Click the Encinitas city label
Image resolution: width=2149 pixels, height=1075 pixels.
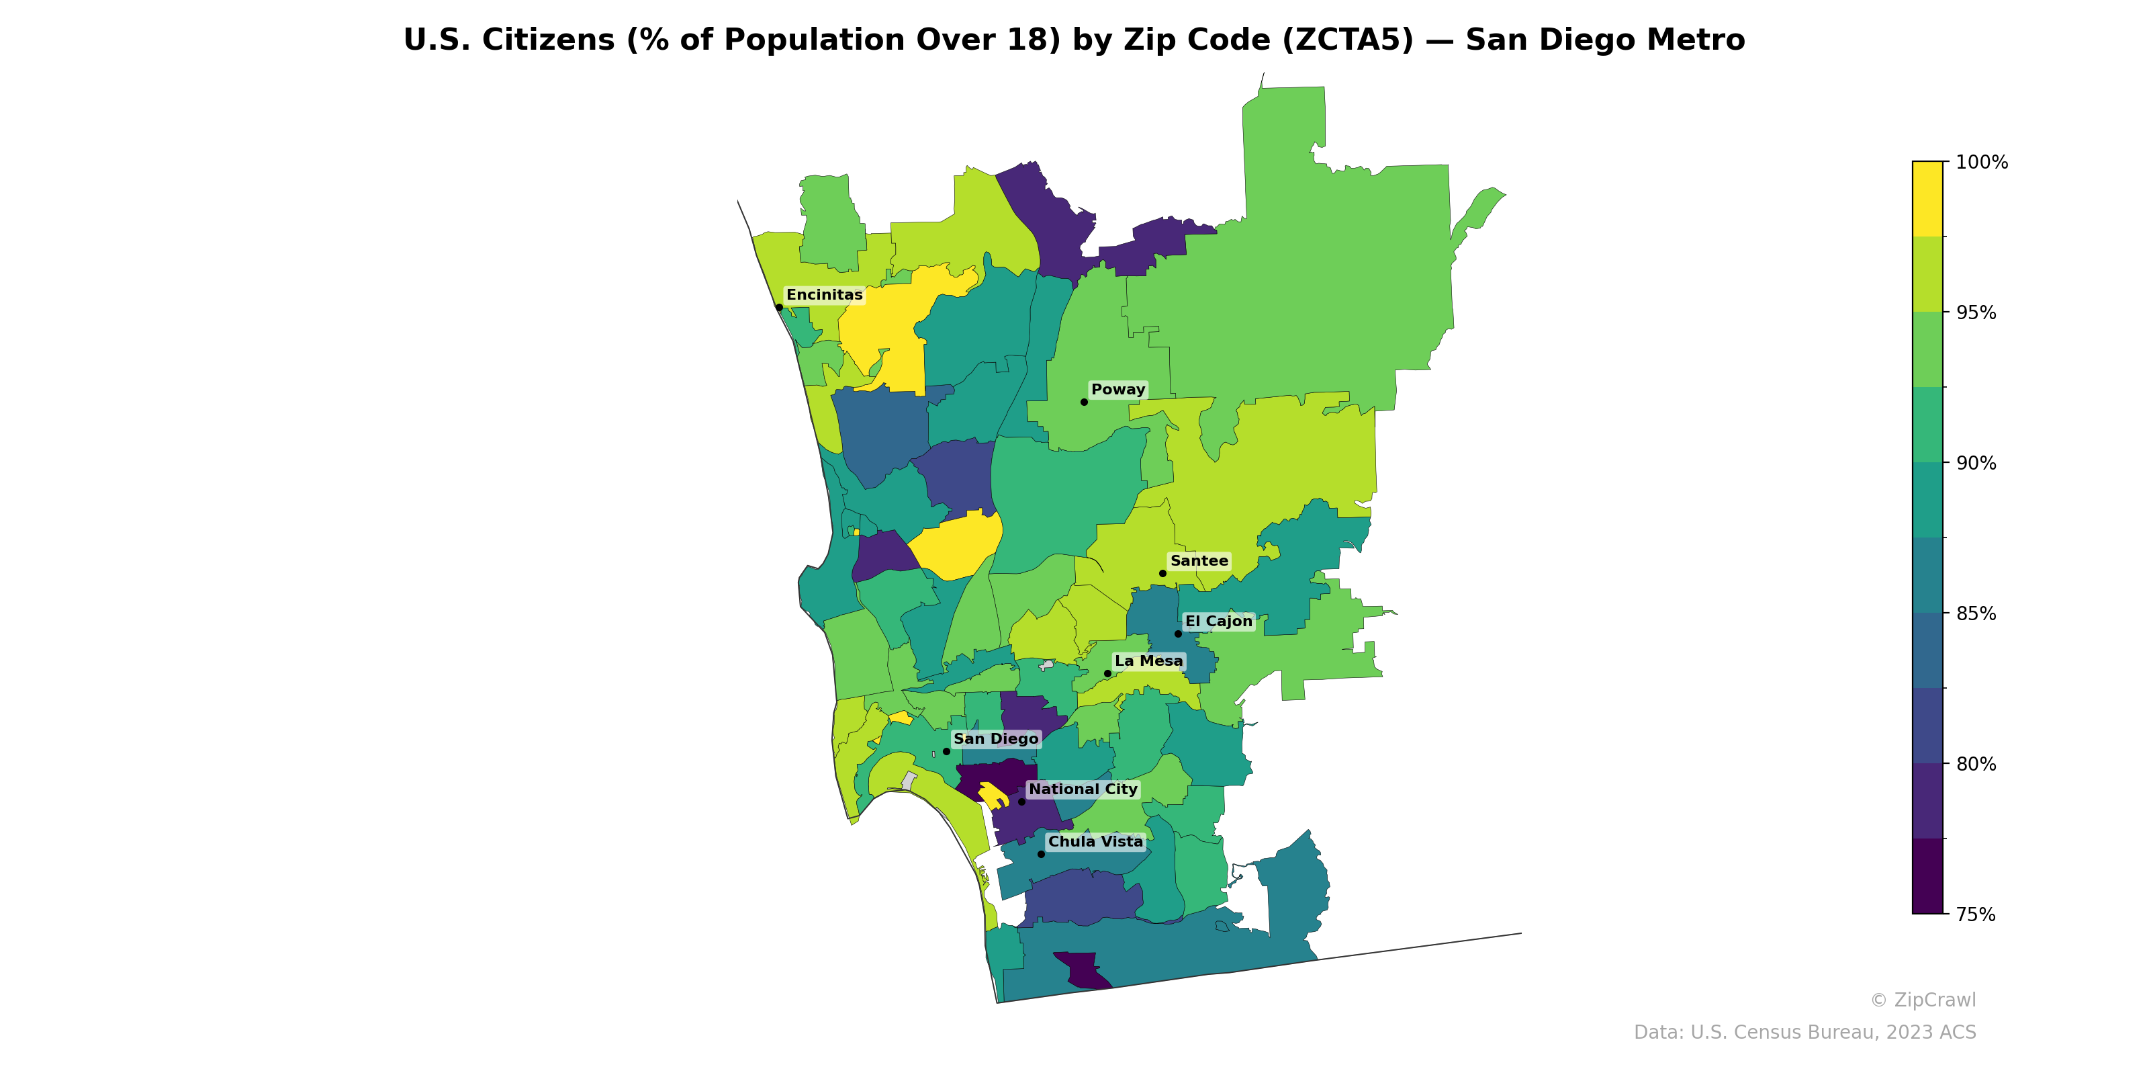[824, 295]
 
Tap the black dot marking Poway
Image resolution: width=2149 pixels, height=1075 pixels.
[1084, 402]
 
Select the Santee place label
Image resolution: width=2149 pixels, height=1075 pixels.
[1199, 561]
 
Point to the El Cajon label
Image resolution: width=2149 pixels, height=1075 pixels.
[1218, 621]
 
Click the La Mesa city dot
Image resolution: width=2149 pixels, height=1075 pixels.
[1107, 673]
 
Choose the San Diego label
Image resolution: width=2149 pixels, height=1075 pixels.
[995, 738]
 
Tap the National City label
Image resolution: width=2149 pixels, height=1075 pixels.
[1083, 789]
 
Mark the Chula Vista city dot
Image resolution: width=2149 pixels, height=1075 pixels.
[1040, 854]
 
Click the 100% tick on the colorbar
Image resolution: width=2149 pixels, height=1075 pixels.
[1981, 162]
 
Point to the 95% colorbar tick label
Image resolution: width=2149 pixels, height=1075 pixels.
[1976, 313]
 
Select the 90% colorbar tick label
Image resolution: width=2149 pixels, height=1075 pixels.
[1976, 463]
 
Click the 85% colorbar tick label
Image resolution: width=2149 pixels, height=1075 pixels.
[1976, 613]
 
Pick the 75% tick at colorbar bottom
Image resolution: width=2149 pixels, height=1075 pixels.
[1976, 914]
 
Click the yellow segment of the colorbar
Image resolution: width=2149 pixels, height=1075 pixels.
[1927, 199]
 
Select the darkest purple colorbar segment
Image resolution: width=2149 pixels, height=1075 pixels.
[1927, 876]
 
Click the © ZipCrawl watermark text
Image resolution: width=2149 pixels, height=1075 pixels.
[1922, 1000]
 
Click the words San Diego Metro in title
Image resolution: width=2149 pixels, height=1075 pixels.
[1604, 40]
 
